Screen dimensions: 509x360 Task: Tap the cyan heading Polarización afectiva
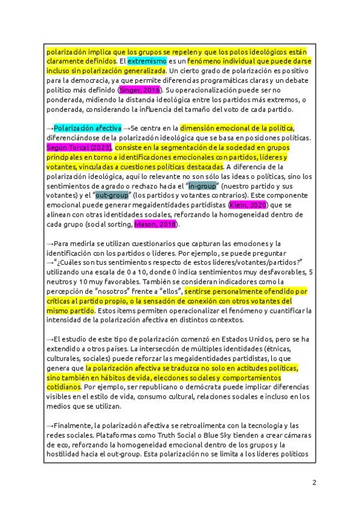[88, 128]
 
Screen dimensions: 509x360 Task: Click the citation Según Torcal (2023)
[79, 148]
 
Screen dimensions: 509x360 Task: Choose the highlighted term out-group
[112, 196]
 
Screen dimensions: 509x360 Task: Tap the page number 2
[313, 483]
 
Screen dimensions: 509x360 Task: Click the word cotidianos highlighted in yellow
[63, 387]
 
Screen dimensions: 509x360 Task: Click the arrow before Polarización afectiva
[50, 128]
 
